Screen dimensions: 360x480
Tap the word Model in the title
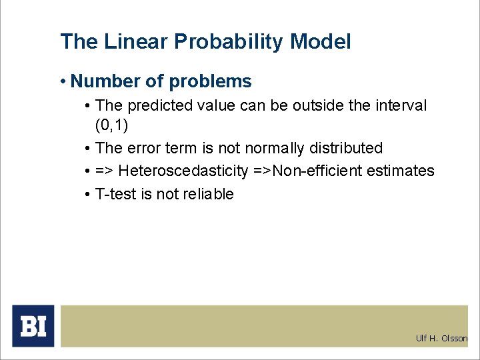320,42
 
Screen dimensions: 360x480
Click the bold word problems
210,81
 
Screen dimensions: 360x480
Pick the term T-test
116,194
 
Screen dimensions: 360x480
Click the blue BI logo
33,326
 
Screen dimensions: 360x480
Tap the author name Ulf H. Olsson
441,339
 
